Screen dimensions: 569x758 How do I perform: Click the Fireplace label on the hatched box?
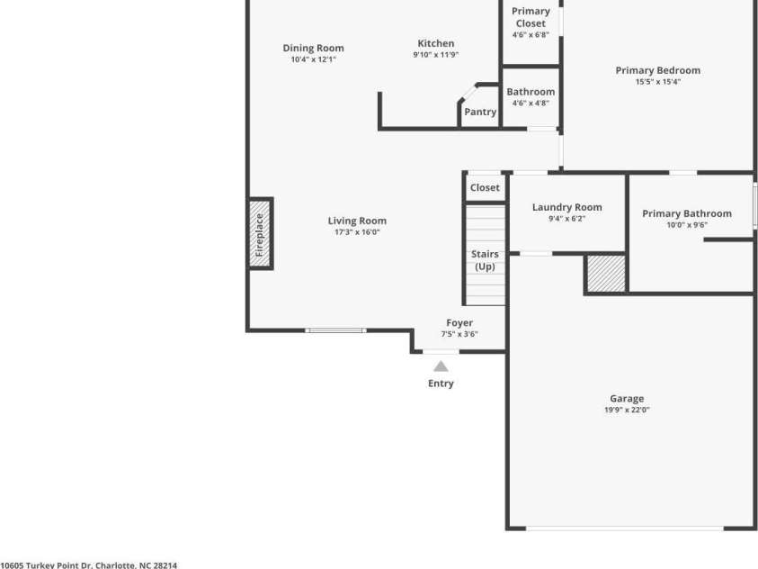(260, 234)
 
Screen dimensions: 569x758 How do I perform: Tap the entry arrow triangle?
(441, 366)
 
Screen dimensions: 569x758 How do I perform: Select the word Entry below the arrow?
(441, 384)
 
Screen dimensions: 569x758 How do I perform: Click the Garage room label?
(627, 399)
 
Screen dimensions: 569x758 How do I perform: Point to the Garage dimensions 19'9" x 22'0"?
(627, 410)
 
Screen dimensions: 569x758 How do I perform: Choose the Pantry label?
(480, 113)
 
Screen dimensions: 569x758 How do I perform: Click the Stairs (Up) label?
(485, 260)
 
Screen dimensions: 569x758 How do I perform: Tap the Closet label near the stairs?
(485, 188)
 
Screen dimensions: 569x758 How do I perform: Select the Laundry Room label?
(566, 207)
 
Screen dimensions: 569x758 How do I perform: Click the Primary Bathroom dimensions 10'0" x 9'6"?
(687, 225)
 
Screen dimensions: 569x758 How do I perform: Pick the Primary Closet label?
(531, 17)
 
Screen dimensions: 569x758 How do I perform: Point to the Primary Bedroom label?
(657, 70)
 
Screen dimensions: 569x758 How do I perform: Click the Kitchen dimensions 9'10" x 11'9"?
(435, 54)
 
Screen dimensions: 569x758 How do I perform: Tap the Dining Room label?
(313, 49)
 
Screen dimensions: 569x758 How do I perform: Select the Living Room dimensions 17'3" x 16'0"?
(357, 232)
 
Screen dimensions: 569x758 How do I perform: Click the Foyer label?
(459, 323)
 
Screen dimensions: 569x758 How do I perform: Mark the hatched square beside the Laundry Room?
(606, 274)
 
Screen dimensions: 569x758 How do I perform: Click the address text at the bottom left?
(89, 564)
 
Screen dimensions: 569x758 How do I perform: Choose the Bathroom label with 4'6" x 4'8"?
(531, 92)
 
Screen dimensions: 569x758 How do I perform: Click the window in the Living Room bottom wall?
(335, 330)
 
